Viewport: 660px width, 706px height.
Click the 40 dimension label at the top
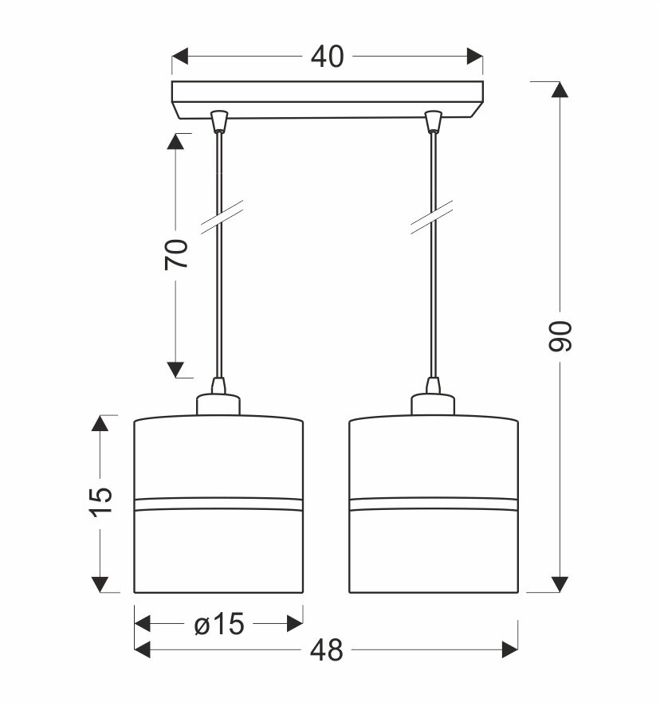328,57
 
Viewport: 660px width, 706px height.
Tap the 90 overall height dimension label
560,336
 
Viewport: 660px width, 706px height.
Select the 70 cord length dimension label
176,254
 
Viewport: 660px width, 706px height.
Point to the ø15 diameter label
219,624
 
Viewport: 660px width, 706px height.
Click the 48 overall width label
327,650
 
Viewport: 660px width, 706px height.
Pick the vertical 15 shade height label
100,502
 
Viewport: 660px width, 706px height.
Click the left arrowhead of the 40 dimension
180,57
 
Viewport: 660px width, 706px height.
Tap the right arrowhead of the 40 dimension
475,57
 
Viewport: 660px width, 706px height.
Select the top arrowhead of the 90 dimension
560,89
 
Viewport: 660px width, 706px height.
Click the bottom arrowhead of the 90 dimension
560,584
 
